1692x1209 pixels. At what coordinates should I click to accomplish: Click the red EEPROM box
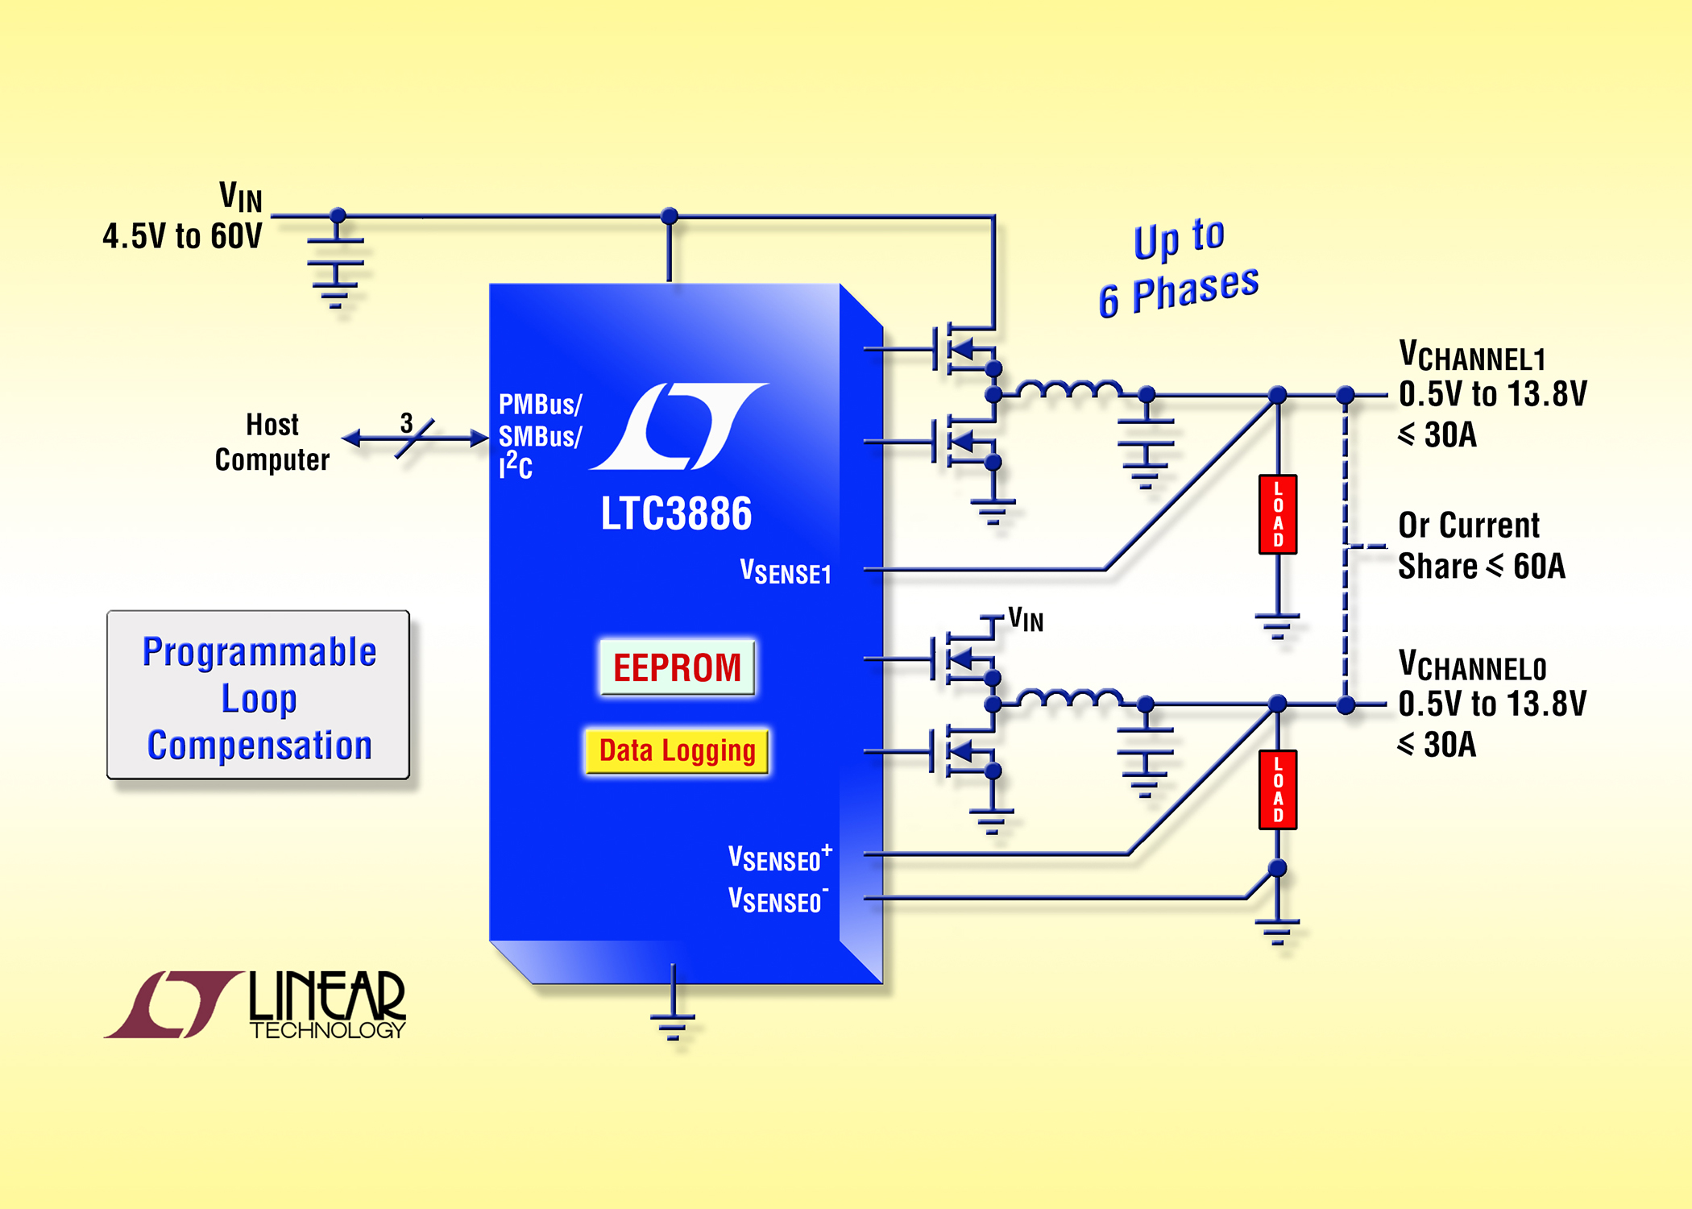[677, 667]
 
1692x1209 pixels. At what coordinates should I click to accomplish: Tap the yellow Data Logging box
[677, 751]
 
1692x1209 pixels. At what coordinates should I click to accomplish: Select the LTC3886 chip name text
[676, 513]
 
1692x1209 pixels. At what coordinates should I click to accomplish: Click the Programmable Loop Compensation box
[259, 695]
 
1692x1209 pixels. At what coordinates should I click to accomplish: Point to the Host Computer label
[272, 442]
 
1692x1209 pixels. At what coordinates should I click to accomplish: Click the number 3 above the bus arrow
[407, 422]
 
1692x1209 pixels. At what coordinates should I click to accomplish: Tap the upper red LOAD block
[1278, 514]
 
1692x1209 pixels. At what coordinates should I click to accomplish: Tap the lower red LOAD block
[1278, 790]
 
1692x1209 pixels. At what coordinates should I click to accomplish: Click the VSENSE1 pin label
[786, 571]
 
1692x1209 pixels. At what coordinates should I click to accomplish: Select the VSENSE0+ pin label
[780, 858]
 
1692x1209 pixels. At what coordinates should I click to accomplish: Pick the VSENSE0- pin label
[778, 899]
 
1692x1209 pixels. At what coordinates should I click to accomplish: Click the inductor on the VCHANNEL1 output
[1069, 388]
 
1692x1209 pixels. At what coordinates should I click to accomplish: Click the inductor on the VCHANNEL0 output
[1069, 698]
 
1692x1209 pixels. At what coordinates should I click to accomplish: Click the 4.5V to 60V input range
[182, 237]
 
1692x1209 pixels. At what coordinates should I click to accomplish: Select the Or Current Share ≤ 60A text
[1481, 546]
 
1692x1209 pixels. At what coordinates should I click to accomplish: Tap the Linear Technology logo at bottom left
[255, 1004]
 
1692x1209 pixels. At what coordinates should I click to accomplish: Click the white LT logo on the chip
[679, 426]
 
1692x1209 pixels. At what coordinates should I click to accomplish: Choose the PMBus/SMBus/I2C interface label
[540, 436]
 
